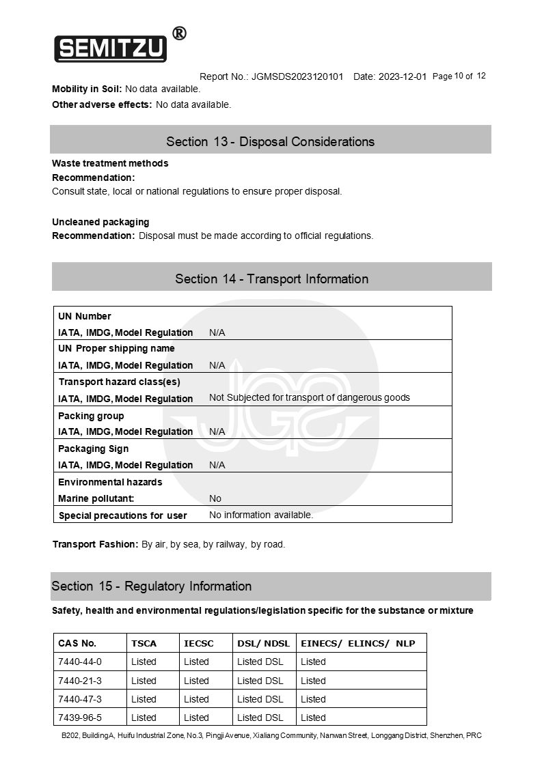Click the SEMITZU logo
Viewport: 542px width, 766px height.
pyautogui.click(x=111, y=48)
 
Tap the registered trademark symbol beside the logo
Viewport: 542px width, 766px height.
pyautogui.click(x=179, y=33)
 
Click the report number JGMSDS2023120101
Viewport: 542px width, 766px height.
pyautogui.click(x=297, y=76)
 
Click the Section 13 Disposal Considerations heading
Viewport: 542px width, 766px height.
pyautogui.click(x=270, y=141)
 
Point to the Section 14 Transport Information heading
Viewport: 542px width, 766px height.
pyautogui.click(x=271, y=279)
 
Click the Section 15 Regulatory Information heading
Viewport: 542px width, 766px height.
pyautogui.click(x=152, y=586)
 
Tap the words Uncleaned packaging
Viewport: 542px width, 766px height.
pyautogui.click(x=100, y=222)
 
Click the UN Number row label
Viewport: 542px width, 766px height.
pyautogui.click(x=85, y=316)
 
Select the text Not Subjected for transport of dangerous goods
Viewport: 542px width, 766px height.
pyautogui.click(x=309, y=397)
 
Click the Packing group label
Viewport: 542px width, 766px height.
pyautogui.click(x=91, y=416)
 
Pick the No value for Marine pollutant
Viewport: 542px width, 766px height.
pyautogui.click(x=215, y=498)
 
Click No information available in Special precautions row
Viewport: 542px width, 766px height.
pyautogui.click(x=261, y=515)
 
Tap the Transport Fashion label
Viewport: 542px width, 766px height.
pyautogui.click(x=95, y=544)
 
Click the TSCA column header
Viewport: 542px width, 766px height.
pyautogui.click(x=144, y=643)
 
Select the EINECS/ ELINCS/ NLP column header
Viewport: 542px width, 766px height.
pyautogui.click(x=357, y=643)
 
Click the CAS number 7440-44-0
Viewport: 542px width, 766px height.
pyautogui.click(x=80, y=662)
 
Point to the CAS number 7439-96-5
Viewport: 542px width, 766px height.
pyautogui.click(x=80, y=718)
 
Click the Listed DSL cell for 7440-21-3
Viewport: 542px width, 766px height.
pyautogui.click(x=260, y=681)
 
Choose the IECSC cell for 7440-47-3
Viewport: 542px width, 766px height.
pyautogui.click(x=196, y=699)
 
